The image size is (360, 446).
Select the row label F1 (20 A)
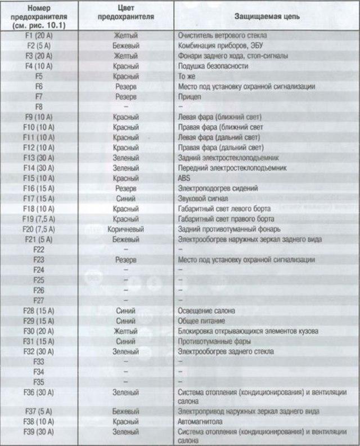point(39,35)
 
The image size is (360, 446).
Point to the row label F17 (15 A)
point(39,198)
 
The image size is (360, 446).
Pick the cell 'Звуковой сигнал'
point(201,198)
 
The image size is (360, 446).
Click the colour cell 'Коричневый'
point(126,229)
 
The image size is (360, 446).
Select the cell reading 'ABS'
point(184,178)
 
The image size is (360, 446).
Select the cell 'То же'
point(186,76)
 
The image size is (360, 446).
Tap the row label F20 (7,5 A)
point(39,229)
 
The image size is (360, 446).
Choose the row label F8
point(39,106)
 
